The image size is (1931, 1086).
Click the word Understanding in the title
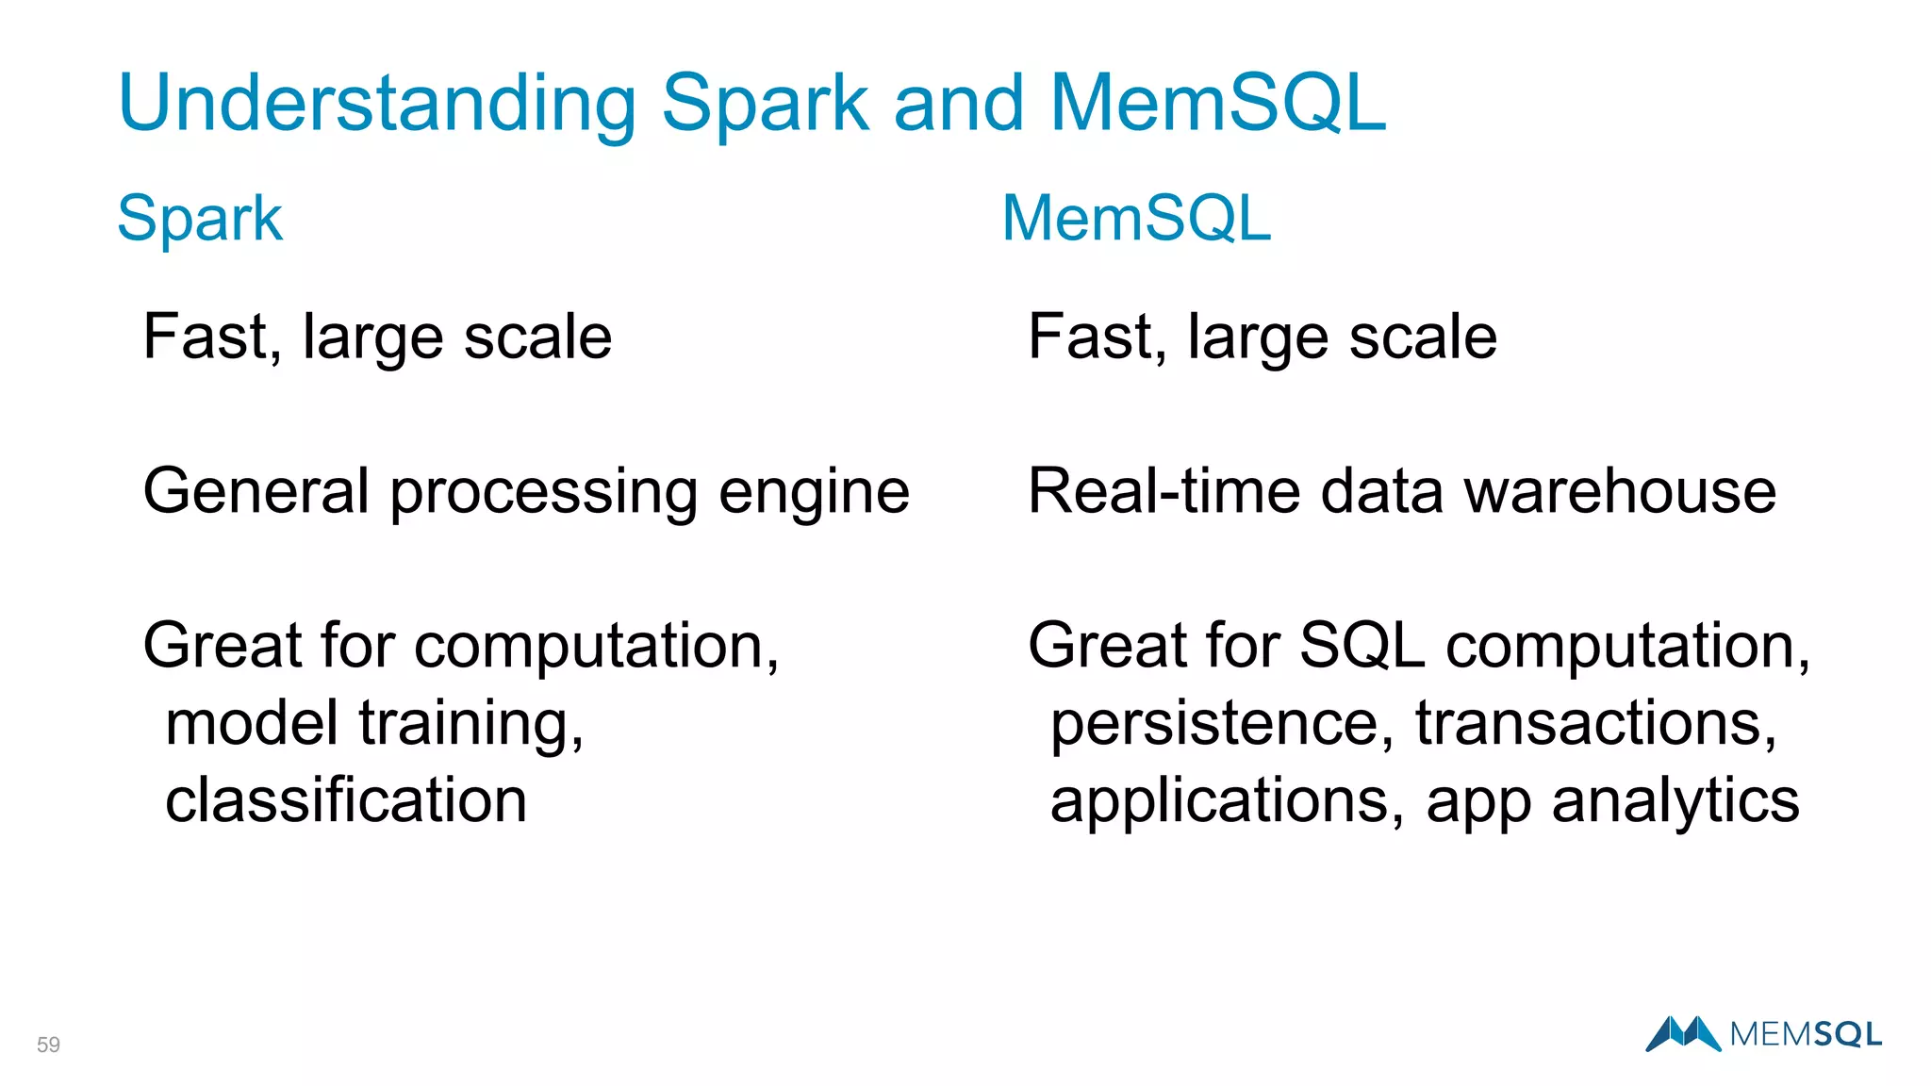(x=377, y=104)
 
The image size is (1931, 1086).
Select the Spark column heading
(x=200, y=219)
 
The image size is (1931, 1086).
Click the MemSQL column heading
(x=1136, y=219)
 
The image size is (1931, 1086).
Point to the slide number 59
(x=48, y=1045)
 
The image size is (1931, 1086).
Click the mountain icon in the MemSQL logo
(x=1683, y=1033)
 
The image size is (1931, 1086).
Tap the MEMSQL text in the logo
(x=1806, y=1034)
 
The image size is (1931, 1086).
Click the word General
(x=256, y=491)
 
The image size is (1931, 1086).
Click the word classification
(x=346, y=800)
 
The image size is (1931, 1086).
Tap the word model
(x=252, y=723)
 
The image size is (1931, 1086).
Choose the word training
(x=471, y=725)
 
